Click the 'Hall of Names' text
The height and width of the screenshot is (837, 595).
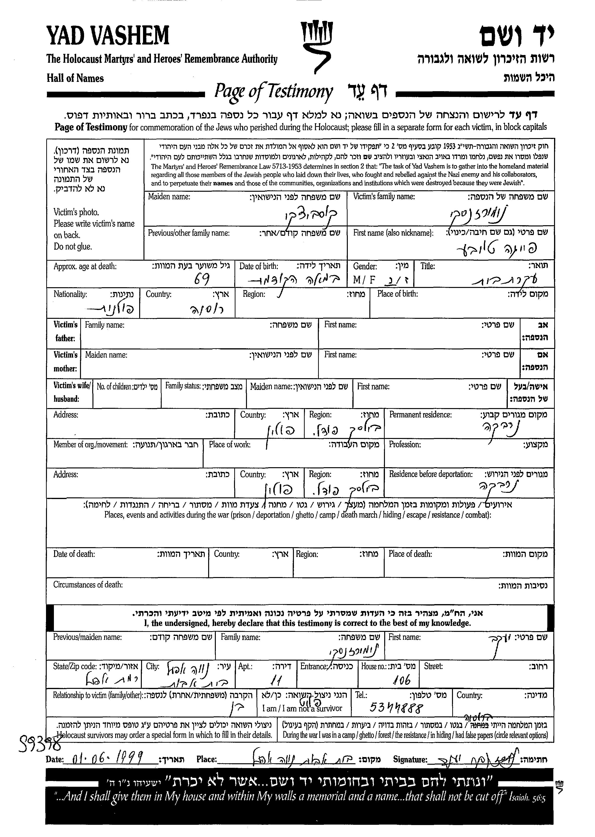(75, 78)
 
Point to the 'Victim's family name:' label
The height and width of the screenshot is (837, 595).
(383, 197)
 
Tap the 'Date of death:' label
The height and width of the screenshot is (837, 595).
(74, 554)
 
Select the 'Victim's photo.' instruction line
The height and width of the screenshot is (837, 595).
(76, 212)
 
